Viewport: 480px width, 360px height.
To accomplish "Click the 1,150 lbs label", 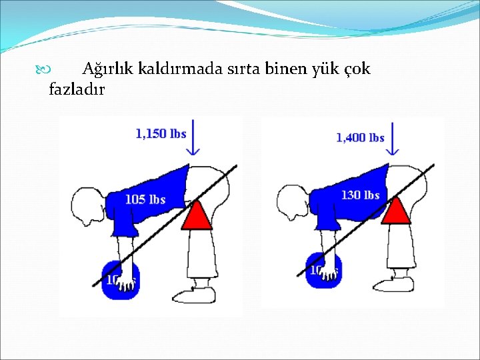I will coord(161,134).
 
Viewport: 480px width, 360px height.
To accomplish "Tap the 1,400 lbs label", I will coord(360,138).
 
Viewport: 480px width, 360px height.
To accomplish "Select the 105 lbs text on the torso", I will coord(145,199).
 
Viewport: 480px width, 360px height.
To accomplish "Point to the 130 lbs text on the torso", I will coord(360,195).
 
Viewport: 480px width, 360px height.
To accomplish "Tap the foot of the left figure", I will coord(196,294).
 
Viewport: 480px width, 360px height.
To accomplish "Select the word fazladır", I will coord(77,89).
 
